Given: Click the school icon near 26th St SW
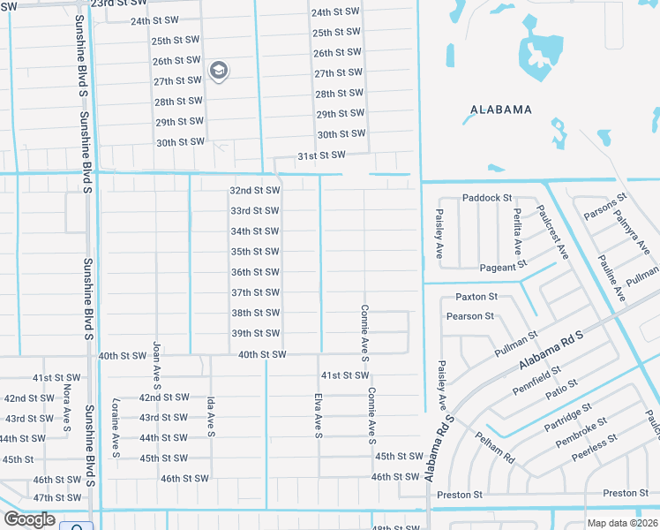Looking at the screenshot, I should pyautogui.click(x=218, y=71).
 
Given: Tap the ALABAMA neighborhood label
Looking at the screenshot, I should pyautogui.click(x=501, y=110).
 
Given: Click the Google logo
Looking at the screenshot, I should pyautogui.click(x=28, y=519).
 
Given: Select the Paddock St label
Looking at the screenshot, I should pyautogui.click(x=487, y=198).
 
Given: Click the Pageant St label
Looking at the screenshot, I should pyautogui.click(x=503, y=265).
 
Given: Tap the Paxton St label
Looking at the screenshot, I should pyautogui.click(x=476, y=297).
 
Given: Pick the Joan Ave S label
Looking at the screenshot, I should pyautogui.click(x=157, y=366).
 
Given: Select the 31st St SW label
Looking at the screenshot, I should pyautogui.click(x=319, y=155).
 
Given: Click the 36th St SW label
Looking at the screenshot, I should pyautogui.click(x=255, y=272).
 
